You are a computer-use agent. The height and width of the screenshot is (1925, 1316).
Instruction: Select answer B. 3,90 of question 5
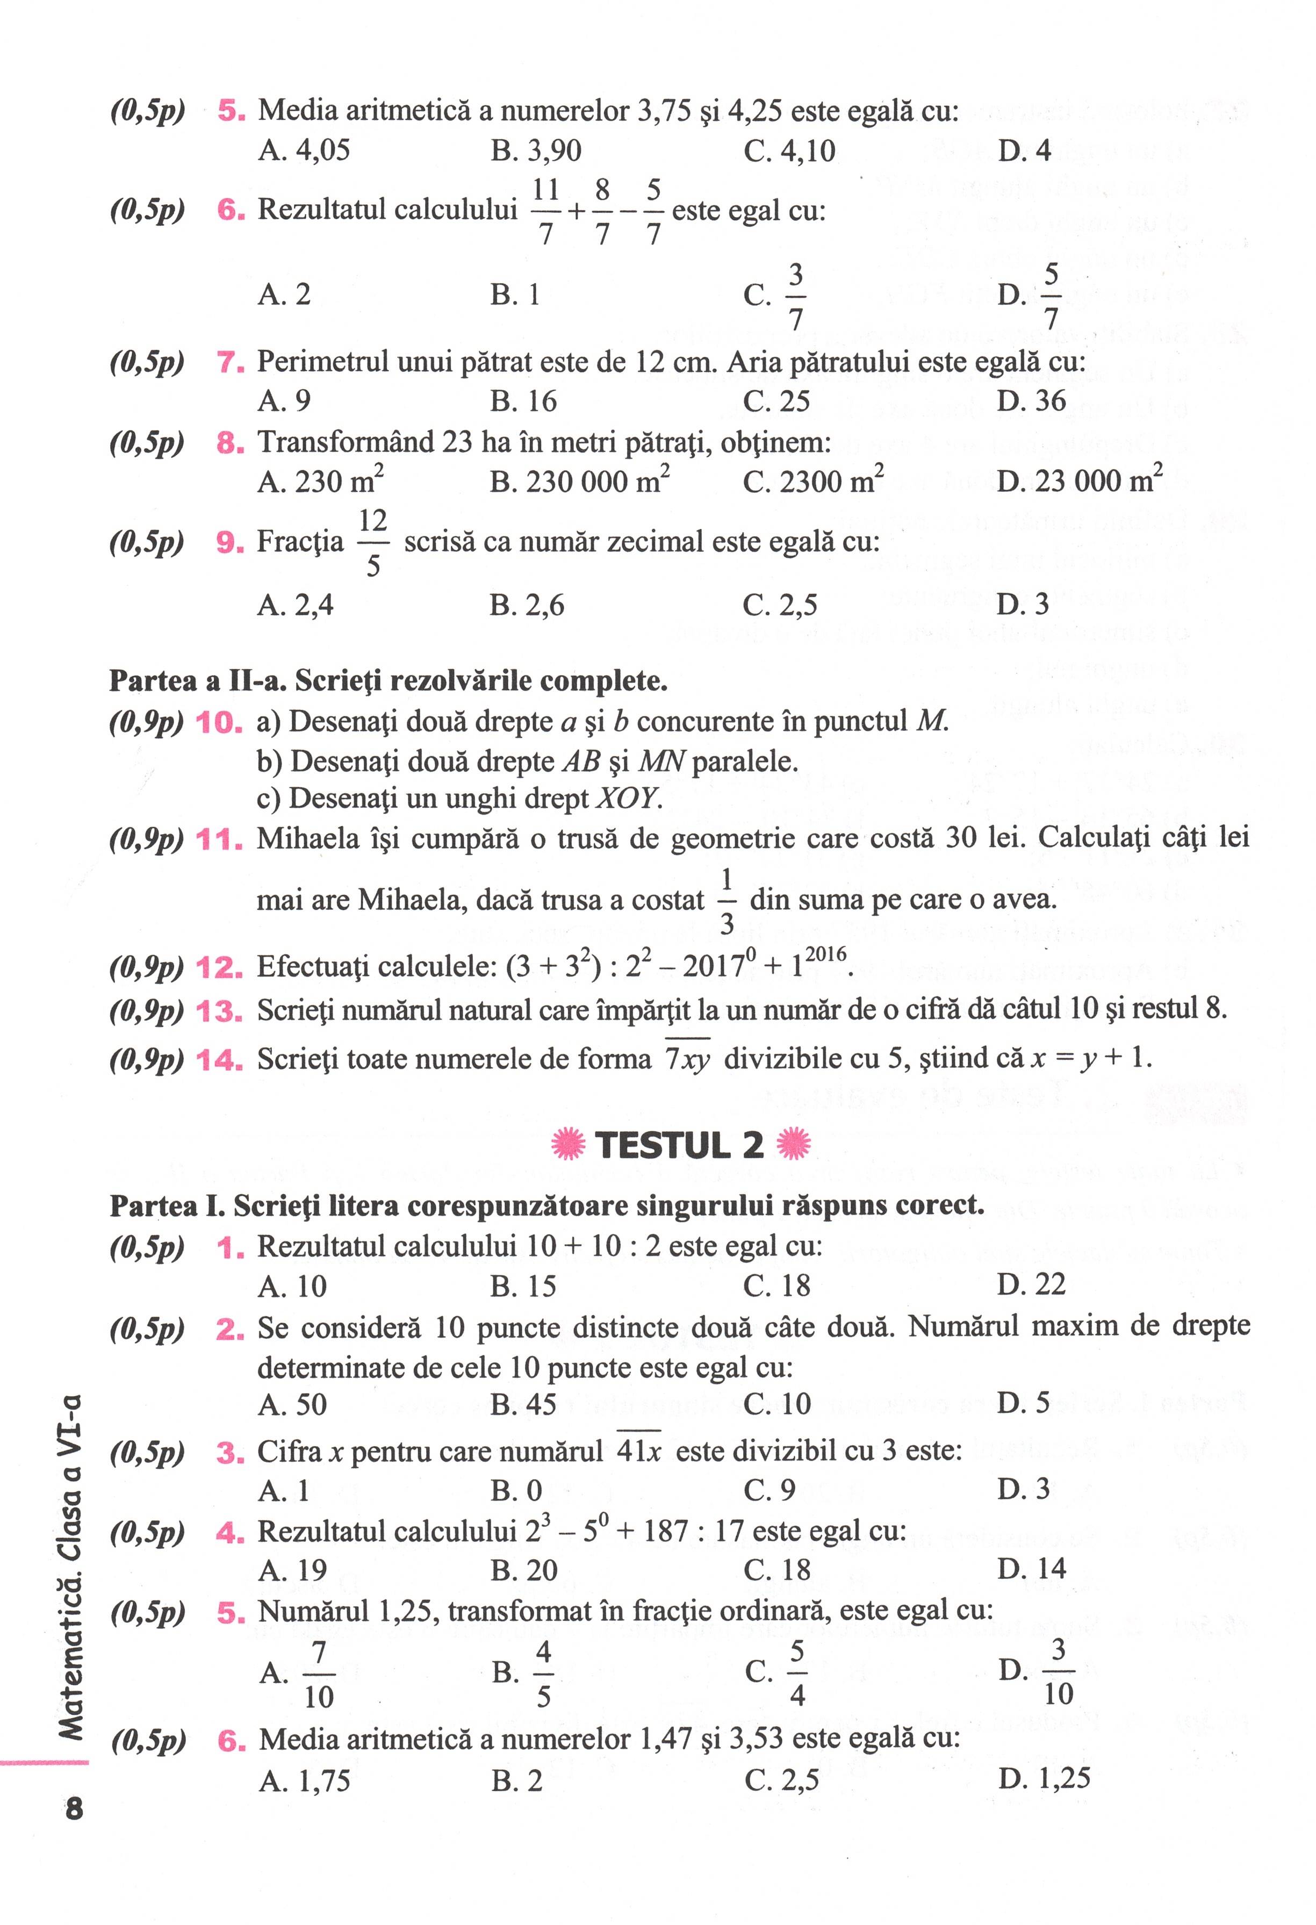(x=536, y=151)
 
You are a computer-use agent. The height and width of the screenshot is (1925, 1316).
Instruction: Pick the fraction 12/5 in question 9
(x=373, y=543)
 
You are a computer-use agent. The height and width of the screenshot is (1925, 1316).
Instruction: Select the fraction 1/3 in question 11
(x=727, y=900)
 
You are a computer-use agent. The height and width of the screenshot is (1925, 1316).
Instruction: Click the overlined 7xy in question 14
(x=687, y=1059)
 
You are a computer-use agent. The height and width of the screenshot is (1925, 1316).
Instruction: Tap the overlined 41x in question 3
(x=638, y=1451)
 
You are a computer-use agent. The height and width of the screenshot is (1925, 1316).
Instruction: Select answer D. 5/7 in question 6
(x=1030, y=296)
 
